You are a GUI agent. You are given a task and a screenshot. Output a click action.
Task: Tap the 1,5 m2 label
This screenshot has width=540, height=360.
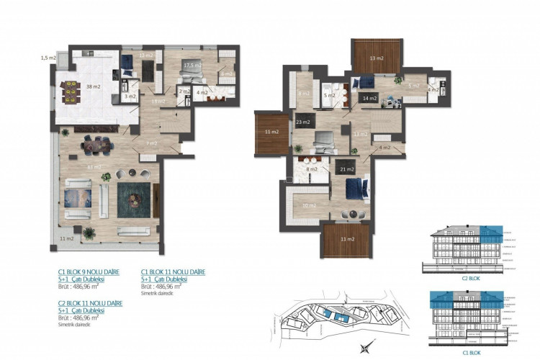49,58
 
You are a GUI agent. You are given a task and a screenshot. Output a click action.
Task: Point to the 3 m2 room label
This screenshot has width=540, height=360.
129,96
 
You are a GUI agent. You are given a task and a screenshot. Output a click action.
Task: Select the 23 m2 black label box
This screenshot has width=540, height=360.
303,122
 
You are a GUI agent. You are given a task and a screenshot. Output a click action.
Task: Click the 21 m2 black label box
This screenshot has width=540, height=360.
345,169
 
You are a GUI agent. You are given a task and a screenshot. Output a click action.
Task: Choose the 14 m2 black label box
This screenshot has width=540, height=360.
370,98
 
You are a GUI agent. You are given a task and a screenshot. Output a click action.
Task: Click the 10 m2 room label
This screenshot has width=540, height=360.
309,205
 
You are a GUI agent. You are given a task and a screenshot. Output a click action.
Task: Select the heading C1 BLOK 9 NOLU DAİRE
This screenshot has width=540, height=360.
86,271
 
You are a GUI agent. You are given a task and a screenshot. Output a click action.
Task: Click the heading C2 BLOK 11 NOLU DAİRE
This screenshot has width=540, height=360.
89,303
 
